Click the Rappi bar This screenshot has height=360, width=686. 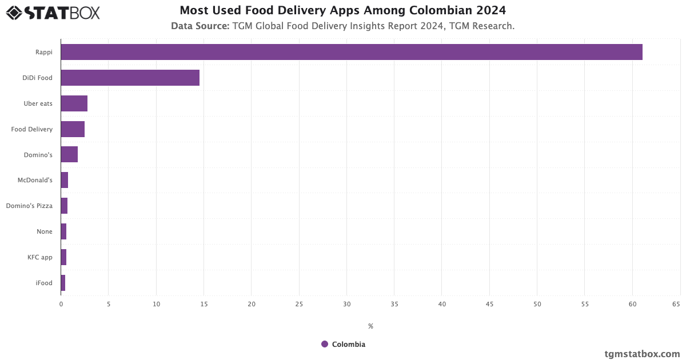pyautogui.click(x=352, y=52)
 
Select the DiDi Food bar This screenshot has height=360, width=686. pyautogui.click(x=130, y=78)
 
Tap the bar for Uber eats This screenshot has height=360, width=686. pyautogui.click(x=74, y=103)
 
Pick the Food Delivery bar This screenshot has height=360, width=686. pyautogui.click(x=73, y=129)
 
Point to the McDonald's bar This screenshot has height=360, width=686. pyautogui.click(x=65, y=180)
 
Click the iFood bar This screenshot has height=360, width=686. pyautogui.click(x=63, y=283)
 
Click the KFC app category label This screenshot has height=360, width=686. pyautogui.click(x=40, y=257)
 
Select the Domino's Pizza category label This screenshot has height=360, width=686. pyautogui.click(x=29, y=206)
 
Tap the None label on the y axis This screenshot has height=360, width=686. pyautogui.click(x=45, y=231)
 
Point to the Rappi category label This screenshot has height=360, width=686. pyautogui.click(x=44, y=52)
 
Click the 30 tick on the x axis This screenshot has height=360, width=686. pyautogui.click(x=346, y=304)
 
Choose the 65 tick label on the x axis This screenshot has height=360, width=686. pyautogui.click(x=676, y=304)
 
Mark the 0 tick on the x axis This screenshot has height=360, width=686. pyautogui.click(x=61, y=304)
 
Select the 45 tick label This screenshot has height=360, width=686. pyautogui.click(x=489, y=304)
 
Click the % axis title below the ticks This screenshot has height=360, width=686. pyautogui.click(x=370, y=326)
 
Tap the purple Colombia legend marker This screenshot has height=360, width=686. pyautogui.click(x=325, y=344)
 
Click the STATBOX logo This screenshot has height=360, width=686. pyautogui.click(x=53, y=12)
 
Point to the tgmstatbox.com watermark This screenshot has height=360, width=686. pyautogui.click(x=642, y=354)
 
